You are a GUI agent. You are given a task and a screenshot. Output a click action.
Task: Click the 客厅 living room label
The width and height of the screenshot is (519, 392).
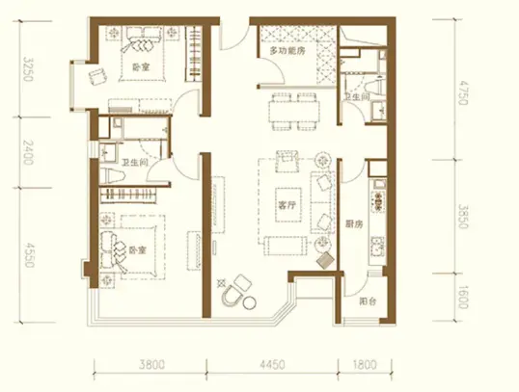(287, 205)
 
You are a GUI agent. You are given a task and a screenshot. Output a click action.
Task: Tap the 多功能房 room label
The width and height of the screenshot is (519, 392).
(287, 51)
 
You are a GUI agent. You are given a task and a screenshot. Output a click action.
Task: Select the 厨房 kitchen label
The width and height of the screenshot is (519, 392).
(354, 224)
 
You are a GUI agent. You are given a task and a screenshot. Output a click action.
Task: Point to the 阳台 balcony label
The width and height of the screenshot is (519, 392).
(368, 301)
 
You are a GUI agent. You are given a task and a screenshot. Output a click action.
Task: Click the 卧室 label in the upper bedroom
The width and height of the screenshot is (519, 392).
(141, 67)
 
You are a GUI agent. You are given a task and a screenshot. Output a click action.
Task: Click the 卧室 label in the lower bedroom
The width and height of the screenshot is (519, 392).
(137, 250)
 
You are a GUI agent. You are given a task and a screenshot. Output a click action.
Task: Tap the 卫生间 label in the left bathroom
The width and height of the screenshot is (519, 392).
(134, 163)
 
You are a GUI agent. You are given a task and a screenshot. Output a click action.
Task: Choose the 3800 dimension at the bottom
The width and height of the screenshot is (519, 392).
(151, 365)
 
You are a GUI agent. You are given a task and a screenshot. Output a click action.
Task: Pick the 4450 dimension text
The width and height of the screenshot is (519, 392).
(272, 365)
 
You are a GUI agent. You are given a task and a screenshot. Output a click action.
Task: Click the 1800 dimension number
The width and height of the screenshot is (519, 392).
(365, 365)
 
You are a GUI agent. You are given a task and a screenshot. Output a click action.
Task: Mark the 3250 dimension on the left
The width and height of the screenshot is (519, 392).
(29, 69)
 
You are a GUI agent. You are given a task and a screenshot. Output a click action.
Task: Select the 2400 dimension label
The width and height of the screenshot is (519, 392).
(29, 152)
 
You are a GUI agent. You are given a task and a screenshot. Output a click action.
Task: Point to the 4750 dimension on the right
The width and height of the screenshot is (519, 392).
(463, 92)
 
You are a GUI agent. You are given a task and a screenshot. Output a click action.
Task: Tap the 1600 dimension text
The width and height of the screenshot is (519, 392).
(463, 297)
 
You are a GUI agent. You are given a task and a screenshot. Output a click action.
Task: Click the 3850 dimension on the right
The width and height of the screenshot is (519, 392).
(463, 216)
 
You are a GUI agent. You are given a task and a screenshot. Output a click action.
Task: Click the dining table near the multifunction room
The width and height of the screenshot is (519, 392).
(294, 112)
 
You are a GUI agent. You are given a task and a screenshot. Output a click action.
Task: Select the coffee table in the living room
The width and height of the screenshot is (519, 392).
(288, 205)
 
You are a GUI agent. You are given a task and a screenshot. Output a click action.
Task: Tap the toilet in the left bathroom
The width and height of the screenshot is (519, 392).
(112, 175)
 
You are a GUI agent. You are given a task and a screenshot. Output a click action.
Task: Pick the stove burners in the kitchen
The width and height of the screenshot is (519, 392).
(379, 201)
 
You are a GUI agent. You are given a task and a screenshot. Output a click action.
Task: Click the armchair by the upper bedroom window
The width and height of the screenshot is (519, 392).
(98, 77)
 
